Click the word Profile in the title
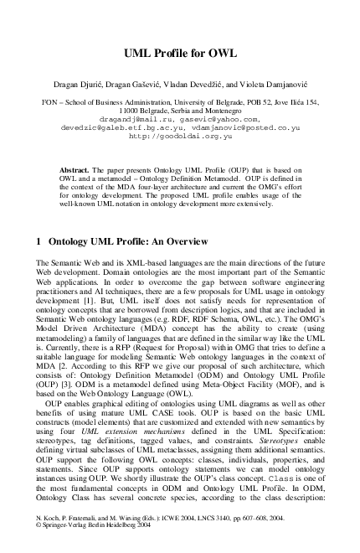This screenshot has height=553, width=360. [x=180, y=54]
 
